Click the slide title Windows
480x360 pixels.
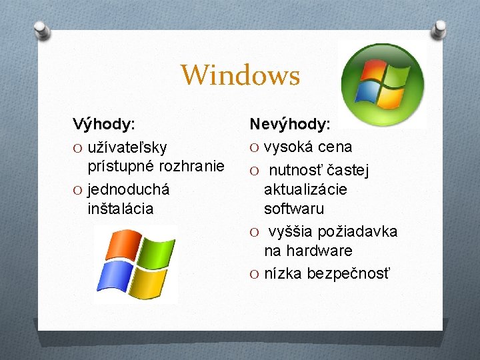pos(240,75)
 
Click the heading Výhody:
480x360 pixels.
pos(104,124)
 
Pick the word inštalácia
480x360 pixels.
pos(120,209)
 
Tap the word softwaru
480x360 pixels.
pos(294,209)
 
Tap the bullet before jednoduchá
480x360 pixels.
pos(77,189)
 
